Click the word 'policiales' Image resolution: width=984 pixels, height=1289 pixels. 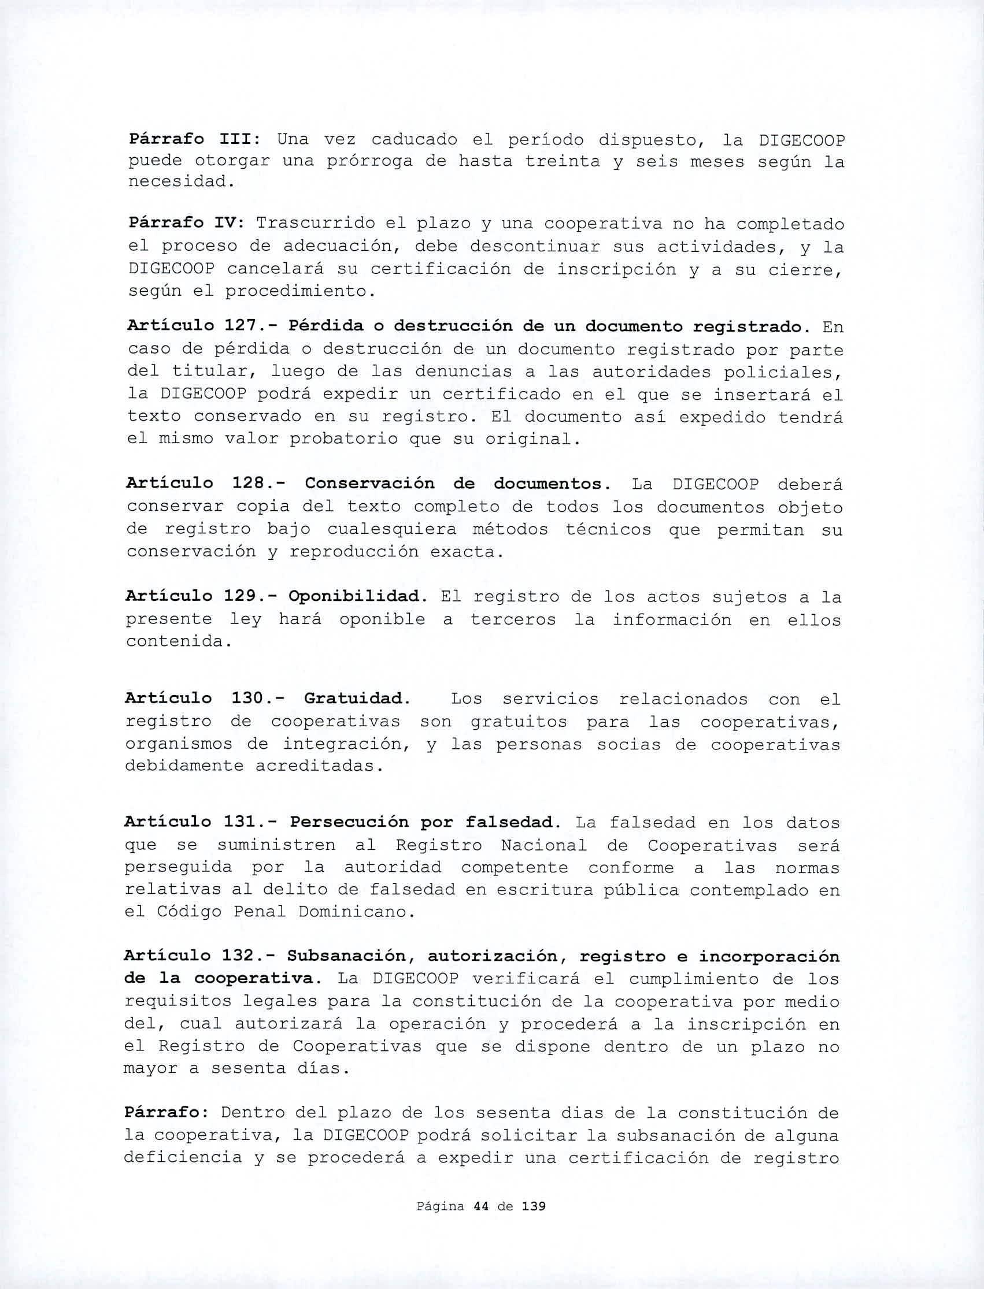click(x=783, y=372)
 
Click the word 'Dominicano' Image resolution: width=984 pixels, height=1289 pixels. click(x=353, y=912)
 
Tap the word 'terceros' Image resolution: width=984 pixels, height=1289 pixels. click(x=513, y=619)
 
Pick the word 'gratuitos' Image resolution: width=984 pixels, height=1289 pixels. click(x=519, y=722)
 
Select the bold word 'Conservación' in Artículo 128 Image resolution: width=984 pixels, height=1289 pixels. click(x=369, y=484)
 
